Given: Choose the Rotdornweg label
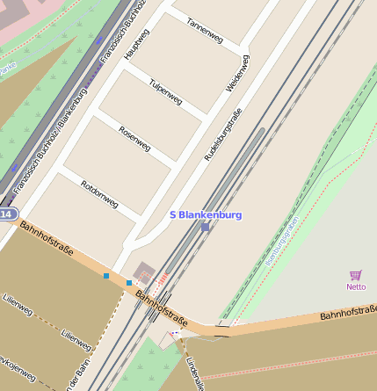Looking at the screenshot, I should click(98, 193).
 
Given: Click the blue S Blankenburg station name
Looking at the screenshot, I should click(205, 214).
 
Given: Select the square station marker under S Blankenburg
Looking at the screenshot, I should click(206, 228).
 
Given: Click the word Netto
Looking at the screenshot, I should click(356, 286).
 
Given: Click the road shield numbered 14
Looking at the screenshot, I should click(7, 214).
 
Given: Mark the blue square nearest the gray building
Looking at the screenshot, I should click(128, 282).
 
